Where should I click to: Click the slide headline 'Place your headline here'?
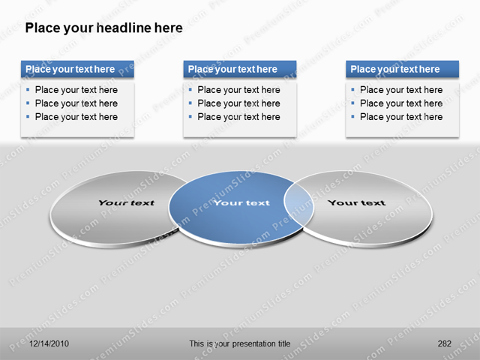[x=103, y=28]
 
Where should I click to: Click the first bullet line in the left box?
[x=76, y=90]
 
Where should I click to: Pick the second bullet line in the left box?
[x=76, y=103]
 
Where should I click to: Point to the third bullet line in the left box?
[x=76, y=117]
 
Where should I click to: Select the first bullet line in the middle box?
[x=238, y=90]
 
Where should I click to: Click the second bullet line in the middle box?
[x=238, y=103]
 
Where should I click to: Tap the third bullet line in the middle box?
[x=238, y=117]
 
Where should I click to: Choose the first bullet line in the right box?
[x=401, y=90]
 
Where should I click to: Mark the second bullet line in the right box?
[x=401, y=103]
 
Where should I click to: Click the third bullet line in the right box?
[x=401, y=117]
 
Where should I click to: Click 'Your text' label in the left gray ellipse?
[x=126, y=202]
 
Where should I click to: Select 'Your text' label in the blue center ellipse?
[x=241, y=202]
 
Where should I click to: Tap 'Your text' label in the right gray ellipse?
[x=356, y=202]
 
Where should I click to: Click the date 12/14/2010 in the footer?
[x=49, y=343]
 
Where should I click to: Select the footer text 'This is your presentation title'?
[x=239, y=343]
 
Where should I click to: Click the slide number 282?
[x=444, y=343]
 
